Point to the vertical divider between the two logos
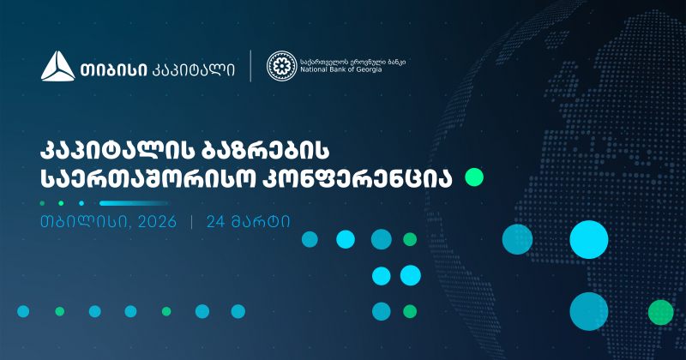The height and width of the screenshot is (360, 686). [x=250, y=67]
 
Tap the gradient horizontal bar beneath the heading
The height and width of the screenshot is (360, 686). [x=134, y=203]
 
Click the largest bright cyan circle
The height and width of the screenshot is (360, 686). [x=589, y=239]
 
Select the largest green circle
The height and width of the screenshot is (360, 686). [x=660, y=311]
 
